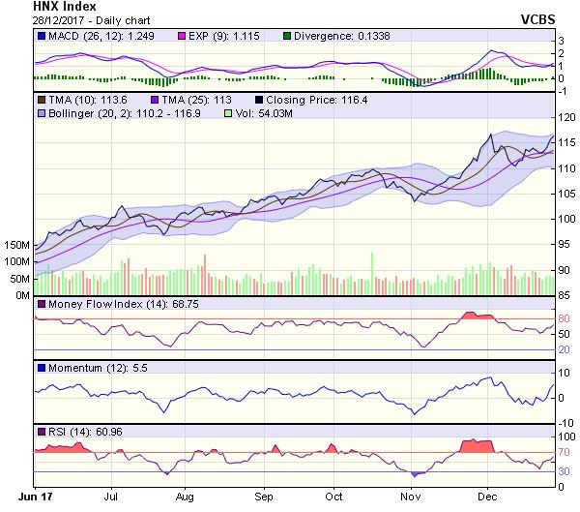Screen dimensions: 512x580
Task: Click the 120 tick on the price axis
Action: point(568,117)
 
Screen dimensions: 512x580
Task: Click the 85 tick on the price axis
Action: point(566,284)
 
